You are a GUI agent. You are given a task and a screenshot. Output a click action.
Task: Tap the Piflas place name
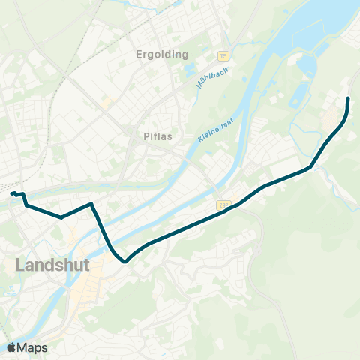[158, 137]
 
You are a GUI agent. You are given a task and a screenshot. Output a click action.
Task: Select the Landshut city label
[52, 265]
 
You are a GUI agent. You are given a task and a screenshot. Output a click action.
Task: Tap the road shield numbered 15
[223, 56]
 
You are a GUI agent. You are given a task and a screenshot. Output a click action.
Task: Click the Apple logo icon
[12, 347]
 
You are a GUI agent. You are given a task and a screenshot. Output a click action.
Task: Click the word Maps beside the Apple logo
[33, 347]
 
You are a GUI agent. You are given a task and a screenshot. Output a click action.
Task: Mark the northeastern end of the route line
[348, 99]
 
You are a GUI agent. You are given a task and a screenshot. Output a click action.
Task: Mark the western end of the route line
[12, 194]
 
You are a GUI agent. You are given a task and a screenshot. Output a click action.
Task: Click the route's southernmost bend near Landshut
[125, 262]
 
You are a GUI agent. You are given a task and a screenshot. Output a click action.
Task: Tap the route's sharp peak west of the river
[91, 203]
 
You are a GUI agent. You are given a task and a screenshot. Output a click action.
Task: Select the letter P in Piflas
[146, 137]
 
